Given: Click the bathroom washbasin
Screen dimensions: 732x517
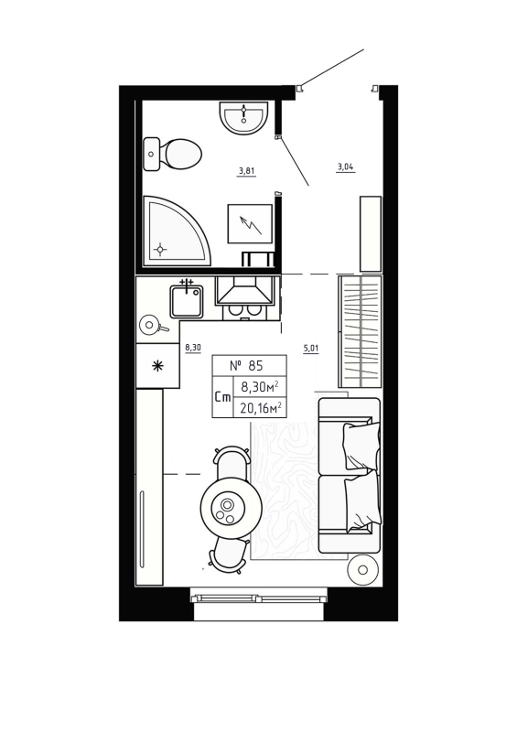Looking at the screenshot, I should [243, 117].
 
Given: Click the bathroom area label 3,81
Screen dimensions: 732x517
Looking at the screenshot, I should [246, 170].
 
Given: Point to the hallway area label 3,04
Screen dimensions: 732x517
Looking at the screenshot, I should [345, 167].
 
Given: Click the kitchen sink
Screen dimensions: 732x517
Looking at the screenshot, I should [187, 301].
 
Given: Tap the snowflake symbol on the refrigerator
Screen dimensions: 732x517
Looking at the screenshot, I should [157, 366].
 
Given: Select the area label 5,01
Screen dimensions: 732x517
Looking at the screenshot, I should [311, 349].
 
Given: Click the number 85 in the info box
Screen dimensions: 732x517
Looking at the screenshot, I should [248, 364].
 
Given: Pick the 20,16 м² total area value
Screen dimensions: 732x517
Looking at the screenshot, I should [260, 408].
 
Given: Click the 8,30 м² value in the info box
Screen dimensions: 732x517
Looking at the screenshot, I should [260, 386].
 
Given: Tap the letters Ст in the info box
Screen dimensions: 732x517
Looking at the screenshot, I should [222, 397].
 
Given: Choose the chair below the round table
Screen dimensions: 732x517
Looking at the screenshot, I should [229, 553].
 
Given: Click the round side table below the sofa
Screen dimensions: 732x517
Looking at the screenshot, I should [363, 570].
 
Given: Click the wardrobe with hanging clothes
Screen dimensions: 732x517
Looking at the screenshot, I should [360, 332].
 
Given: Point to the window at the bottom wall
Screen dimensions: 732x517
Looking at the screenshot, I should [258, 598].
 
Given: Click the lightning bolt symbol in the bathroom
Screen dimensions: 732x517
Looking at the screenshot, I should [249, 222].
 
